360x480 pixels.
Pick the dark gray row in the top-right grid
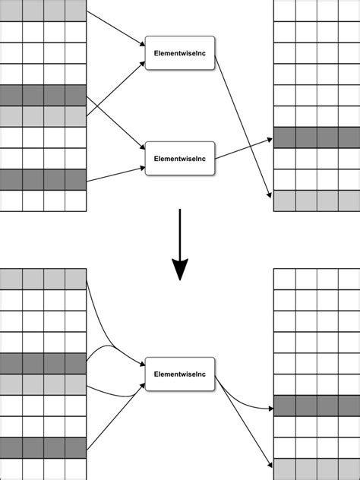[315, 137]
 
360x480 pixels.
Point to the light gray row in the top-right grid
[315, 201]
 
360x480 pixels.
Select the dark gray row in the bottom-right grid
[315, 406]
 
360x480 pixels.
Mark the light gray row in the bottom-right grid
[315, 469]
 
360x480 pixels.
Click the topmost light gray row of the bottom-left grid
[43, 279]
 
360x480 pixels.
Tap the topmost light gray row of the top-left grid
[43, 10]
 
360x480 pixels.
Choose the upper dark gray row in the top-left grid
[43, 95]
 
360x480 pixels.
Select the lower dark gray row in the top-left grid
[43, 179]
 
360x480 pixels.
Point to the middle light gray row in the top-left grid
[43, 116]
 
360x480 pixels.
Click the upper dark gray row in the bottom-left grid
[43, 363]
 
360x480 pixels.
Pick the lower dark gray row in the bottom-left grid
[43, 448]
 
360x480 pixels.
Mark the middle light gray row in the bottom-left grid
[43, 384]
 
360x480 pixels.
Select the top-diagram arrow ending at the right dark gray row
[243, 149]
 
